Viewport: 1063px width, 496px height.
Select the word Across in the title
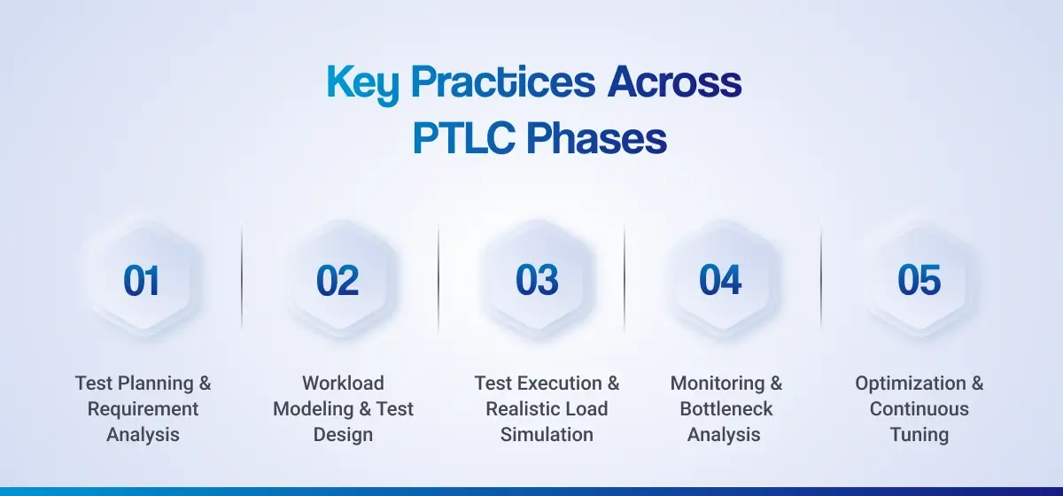click(x=674, y=82)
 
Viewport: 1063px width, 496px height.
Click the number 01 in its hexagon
click(x=142, y=281)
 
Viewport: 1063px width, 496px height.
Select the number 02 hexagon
click(x=338, y=281)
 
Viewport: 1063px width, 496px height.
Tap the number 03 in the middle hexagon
click(x=537, y=281)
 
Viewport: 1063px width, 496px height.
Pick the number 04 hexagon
click(x=720, y=281)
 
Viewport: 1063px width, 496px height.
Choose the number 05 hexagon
click(x=919, y=281)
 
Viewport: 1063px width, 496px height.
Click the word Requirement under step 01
click(x=144, y=409)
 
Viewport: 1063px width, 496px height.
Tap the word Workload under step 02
click(x=343, y=384)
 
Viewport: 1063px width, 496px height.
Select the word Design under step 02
click(x=343, y=435)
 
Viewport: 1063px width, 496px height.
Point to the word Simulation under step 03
click(x=547, y=435)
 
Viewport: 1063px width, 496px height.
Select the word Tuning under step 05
click(x=919, y=435)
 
